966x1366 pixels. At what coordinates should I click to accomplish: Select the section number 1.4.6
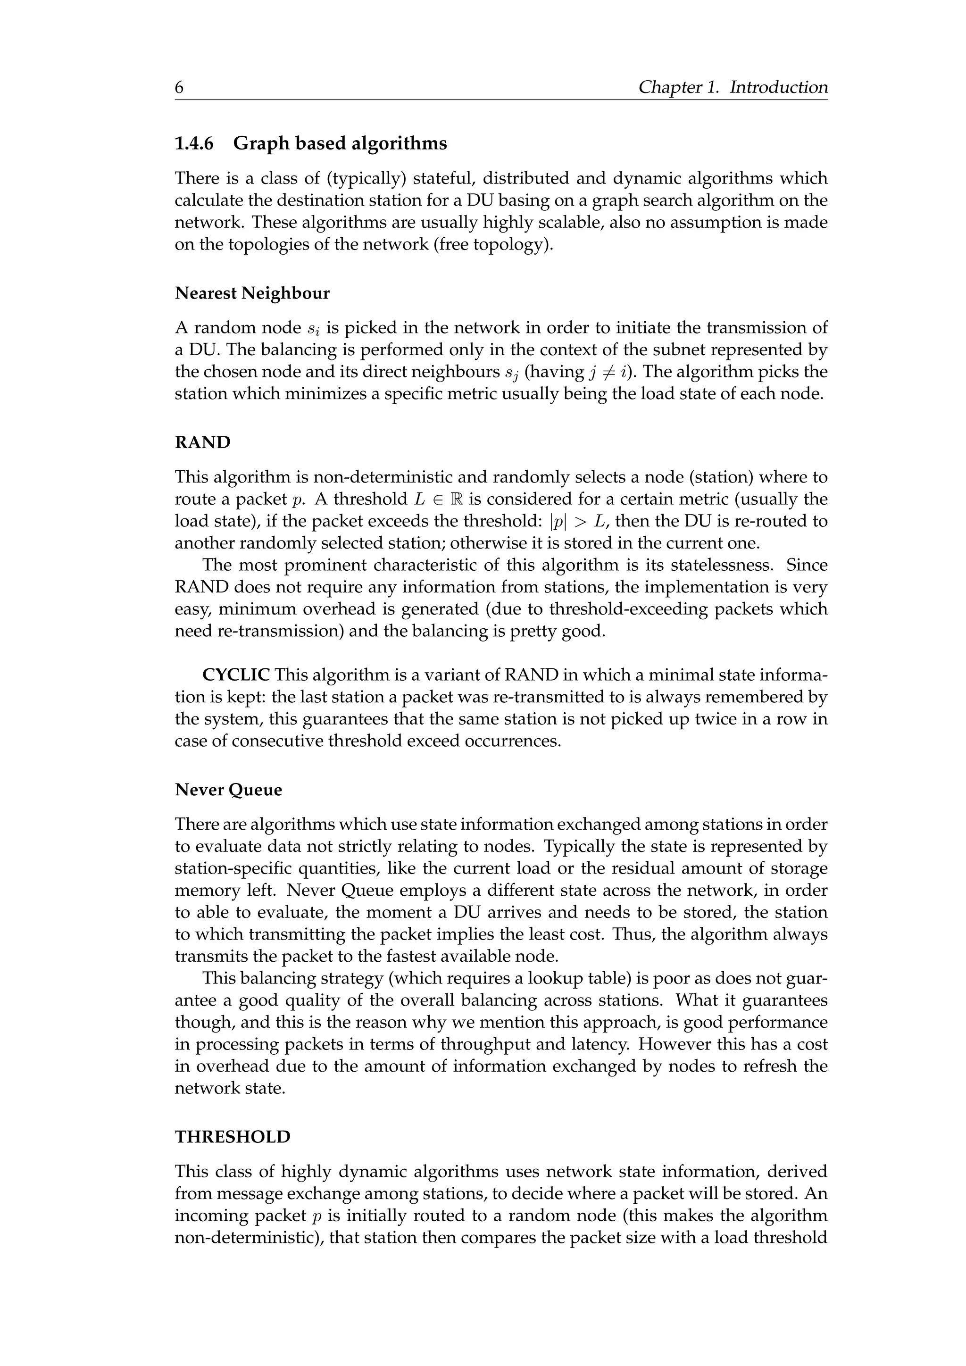coord(194,143)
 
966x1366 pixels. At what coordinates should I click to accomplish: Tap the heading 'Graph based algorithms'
coord(340,143)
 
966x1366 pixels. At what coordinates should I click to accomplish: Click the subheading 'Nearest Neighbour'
coord(252,293)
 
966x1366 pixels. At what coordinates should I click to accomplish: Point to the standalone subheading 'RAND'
coord(202,442)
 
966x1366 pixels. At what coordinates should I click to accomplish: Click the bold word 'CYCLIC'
coord(236,675)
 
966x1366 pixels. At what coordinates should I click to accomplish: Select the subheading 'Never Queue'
coord(228,790)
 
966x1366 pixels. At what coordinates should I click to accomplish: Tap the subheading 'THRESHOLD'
coord(233,1137)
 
